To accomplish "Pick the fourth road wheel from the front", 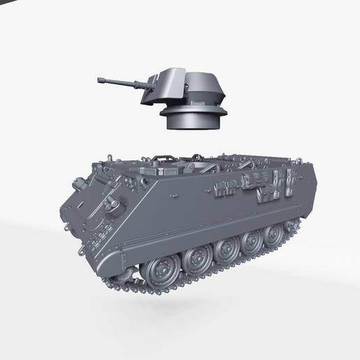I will click(x=252, y=239).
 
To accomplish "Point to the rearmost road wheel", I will click(x=273, y=232).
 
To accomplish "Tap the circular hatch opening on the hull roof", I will click(x=167, y=168).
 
